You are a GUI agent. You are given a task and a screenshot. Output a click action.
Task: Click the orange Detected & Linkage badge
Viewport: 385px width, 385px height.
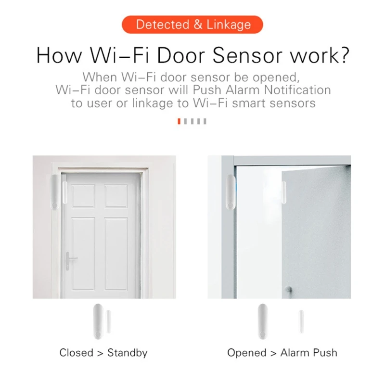[192, 25]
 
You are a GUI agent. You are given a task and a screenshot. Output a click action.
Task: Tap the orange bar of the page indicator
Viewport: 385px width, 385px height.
[180, 121]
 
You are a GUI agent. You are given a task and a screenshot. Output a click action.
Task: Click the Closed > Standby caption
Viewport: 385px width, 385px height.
[103, 353]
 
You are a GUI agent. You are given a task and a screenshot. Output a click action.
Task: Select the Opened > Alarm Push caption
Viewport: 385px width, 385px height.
[282, 353]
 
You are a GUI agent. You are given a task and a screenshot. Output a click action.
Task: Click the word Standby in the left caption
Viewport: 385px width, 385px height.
[127, 353]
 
